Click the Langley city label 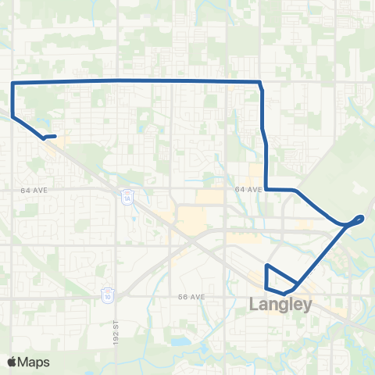[x=280, y=305]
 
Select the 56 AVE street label [x=191, y=297]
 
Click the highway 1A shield [x=127, y=198]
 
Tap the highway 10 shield [x=107, y=295]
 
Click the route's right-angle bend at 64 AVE [x=267, y=188]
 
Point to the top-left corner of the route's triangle [x=267, y=266]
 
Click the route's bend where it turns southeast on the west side [x=12, y=117]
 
